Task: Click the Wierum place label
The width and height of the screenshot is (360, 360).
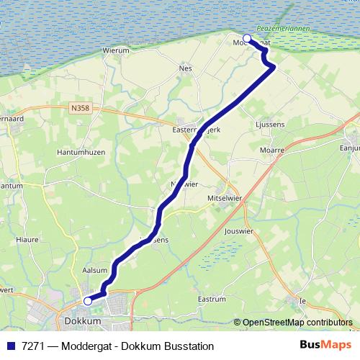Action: (x=116, y=51)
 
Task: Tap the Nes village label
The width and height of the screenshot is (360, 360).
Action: (x=186, y=69)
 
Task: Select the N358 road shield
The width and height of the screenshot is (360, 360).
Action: (x=81, y=108)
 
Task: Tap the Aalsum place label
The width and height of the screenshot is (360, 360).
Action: (x=96, y=270)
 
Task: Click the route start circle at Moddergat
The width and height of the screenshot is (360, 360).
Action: (x=247, y=39)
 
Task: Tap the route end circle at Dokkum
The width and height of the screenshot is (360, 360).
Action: (x=88, y=301)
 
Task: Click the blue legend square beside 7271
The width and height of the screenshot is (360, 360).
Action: (x=11, y=345)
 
